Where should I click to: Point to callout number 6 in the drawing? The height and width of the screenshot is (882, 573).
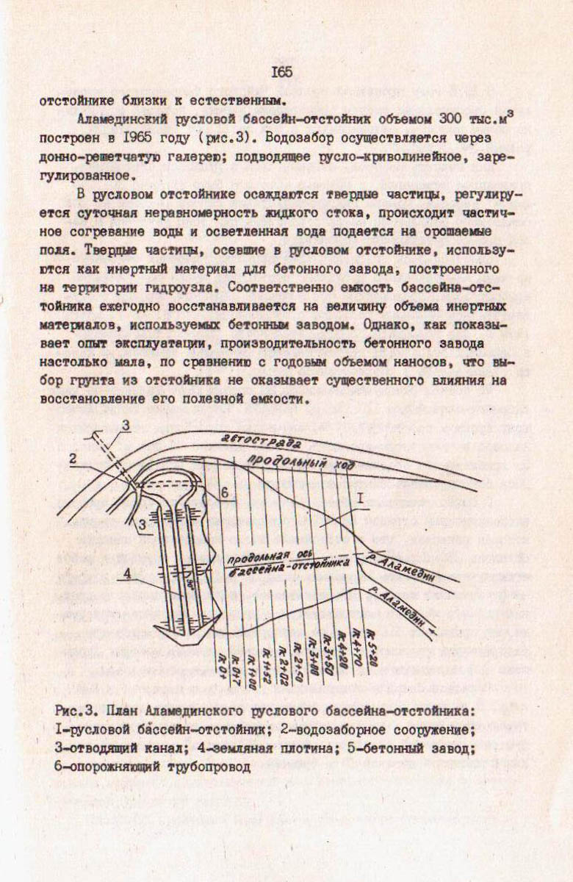[x=226, y=490]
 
